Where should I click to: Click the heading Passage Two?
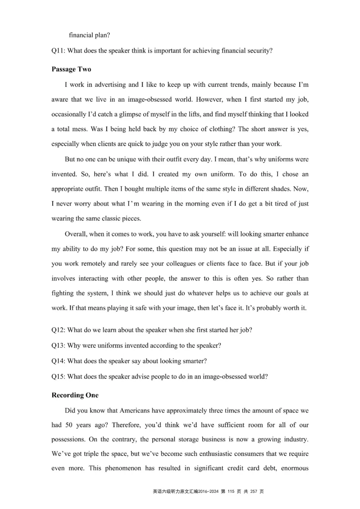pos(71,69)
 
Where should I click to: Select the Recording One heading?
pos(75,395)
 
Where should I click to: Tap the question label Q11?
pos(58,51)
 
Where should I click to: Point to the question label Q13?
pos(58,345)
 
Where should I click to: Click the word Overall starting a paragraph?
pos(76,234)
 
